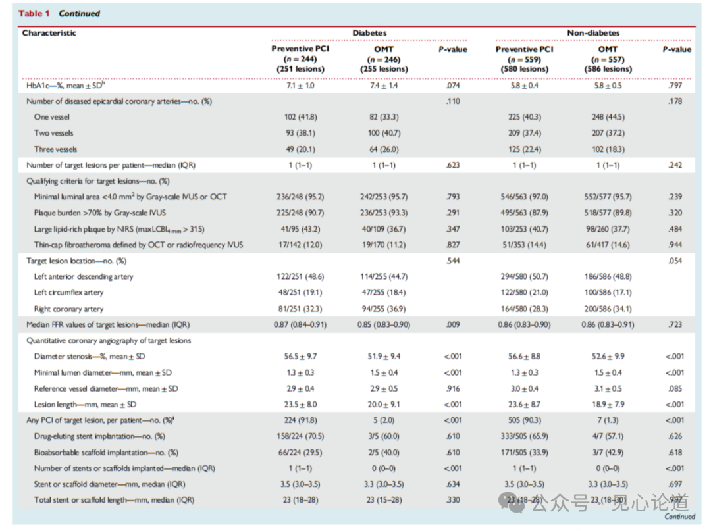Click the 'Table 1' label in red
pos(34,13)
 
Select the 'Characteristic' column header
pos(49,33)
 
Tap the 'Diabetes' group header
pos(369,33)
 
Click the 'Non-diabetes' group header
pos(593,33)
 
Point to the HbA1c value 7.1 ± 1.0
pos(300,85)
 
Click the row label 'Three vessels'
pos(55,149)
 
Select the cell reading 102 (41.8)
pos(301,117)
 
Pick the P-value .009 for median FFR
pos(452,324)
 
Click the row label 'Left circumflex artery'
pos(68,292)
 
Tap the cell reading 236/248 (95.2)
pos(300,197)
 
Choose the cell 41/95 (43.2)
pos(300,229)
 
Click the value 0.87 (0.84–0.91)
pos(300,324)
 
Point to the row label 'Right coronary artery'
pos(68,309)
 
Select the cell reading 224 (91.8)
pos(301,420)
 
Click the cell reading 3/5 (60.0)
pos(384,436)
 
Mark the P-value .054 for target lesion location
pos(675,261)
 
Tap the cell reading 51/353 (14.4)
pos(524,245)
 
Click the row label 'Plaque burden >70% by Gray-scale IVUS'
pos(100,213)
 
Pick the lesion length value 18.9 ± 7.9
pos(608,404)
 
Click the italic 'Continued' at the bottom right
pos(679,516)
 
